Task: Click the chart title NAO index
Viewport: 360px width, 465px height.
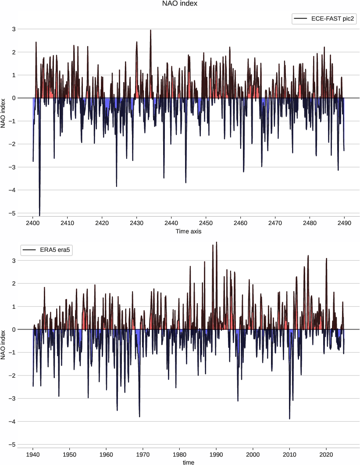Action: click(180, 4)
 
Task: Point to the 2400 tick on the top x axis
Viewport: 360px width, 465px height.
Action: click(33, 223)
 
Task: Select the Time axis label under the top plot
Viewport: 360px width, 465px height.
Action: click(189, 231)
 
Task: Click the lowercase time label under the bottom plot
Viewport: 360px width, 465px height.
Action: click(189, 462)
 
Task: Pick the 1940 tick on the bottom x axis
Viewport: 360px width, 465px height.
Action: click(33, 454)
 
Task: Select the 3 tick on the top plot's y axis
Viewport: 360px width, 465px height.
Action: click(26, 29)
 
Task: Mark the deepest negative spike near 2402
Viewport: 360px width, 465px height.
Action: click(39, 215)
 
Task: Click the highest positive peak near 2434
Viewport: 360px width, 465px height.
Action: click(150, 30)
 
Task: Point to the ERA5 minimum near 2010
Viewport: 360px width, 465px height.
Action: click(289, 418)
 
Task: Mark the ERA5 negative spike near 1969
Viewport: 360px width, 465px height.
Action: click(139, 416)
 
